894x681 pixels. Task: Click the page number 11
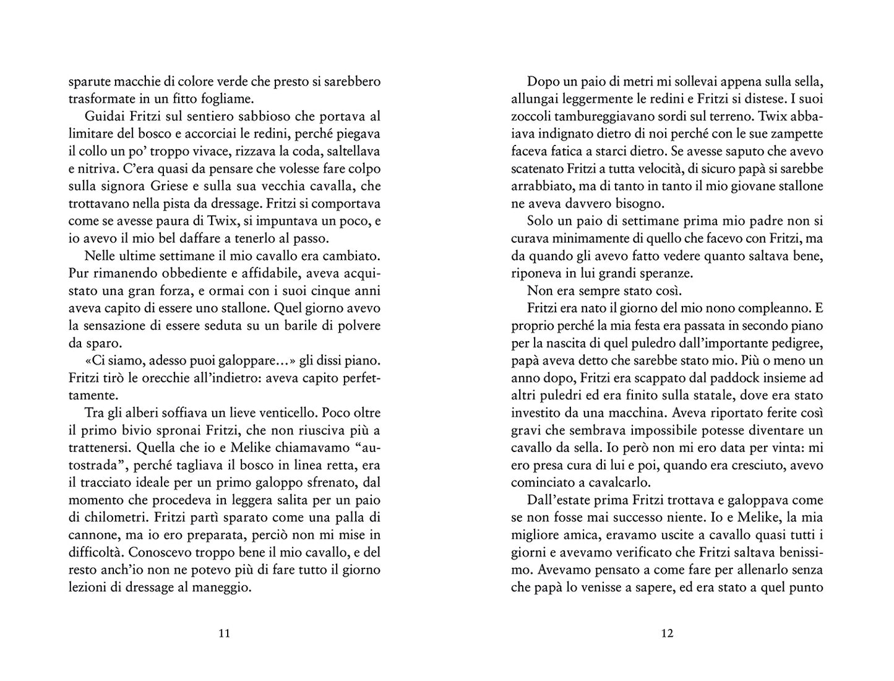(x=225, y=633)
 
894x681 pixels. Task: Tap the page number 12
(x=667, y=633)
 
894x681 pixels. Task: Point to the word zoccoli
(x=532, y=116)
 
